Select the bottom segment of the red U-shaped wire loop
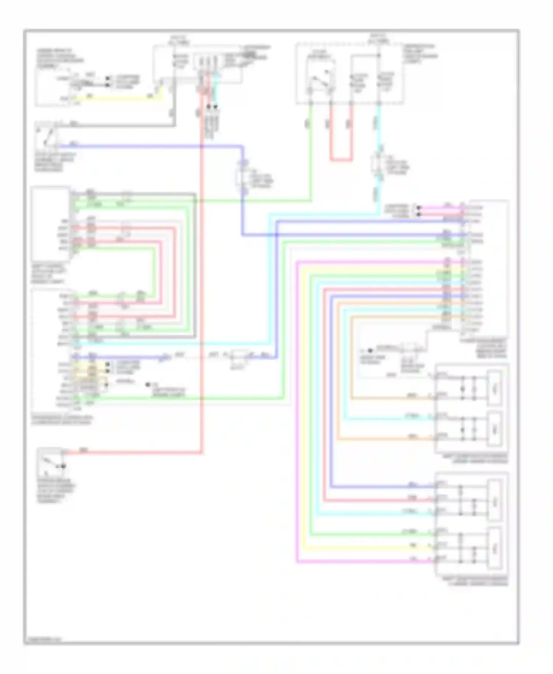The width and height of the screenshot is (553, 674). point(341,160)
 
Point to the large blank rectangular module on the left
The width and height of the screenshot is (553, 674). point(51,224)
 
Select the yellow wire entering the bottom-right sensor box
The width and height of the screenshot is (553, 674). point(369,548)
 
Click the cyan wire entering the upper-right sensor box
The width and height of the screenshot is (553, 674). point(387,419)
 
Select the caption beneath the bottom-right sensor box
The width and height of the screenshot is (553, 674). point(475,581)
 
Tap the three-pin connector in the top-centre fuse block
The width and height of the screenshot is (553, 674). point(208,61)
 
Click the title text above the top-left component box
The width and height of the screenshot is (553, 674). point(59,58)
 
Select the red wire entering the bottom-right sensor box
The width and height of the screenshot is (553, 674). point(376,500)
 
